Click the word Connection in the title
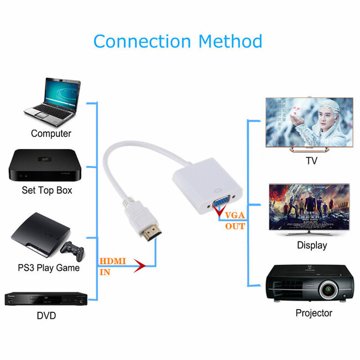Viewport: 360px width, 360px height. [x=141, y=41]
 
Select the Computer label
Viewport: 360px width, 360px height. [x=51, y=133]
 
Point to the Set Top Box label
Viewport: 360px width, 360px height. [x=47, y=191]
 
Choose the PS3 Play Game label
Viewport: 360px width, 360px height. [x=48, y=268]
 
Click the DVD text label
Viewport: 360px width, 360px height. [x=47, y=316]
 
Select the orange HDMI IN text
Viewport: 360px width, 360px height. [x=112, y=266]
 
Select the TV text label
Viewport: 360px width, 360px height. [x=312, y=161]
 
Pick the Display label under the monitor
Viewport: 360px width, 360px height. [x=312, y=245]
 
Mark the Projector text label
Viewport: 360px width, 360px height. [x=314, y=313]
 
